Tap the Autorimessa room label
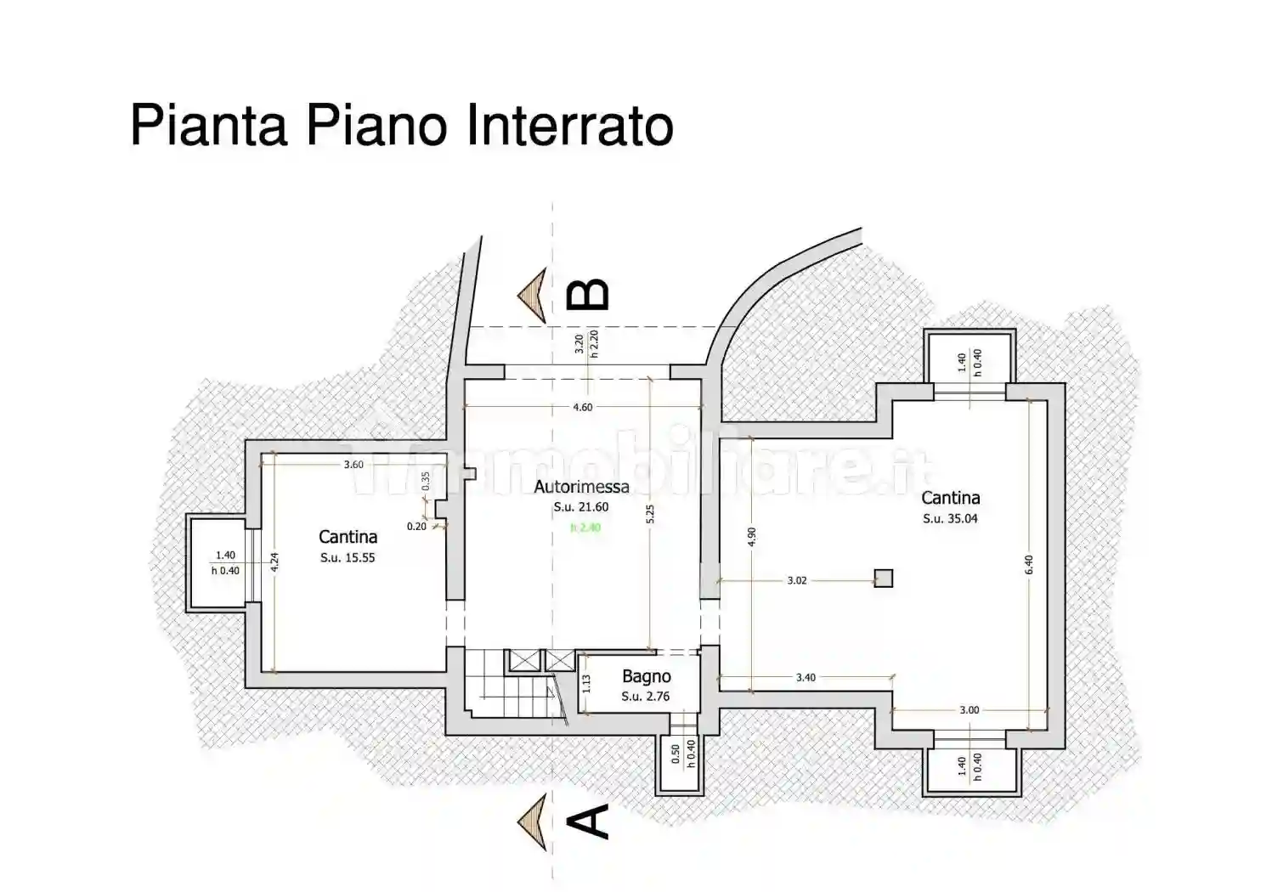581,487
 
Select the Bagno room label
646,677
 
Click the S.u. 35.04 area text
950,518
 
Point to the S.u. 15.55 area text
348,557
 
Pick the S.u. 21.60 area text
581,507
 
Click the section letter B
588,295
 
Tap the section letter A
588,821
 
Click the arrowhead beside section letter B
533,295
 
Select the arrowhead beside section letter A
533,821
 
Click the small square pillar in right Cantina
884,579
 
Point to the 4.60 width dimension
582,408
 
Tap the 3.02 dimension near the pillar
796,581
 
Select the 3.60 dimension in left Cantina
353,465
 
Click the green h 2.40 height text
585,528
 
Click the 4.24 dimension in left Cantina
274,562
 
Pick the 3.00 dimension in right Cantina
969,710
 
